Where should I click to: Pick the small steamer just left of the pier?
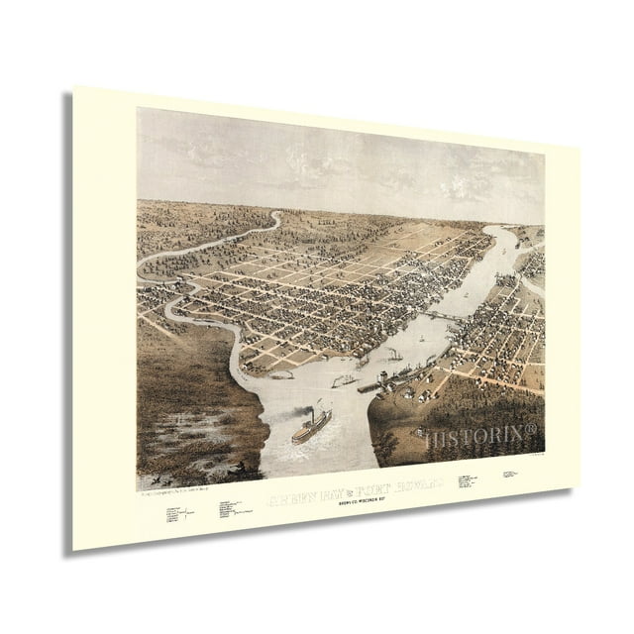point(343,380)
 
